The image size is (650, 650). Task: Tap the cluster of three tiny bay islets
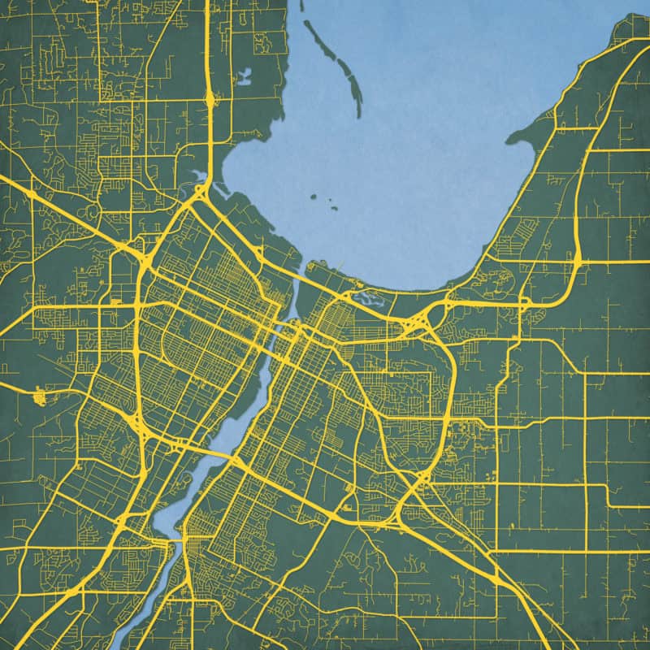(x=325, y=201)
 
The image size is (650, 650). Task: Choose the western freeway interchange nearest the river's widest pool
(x=136, y=422)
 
